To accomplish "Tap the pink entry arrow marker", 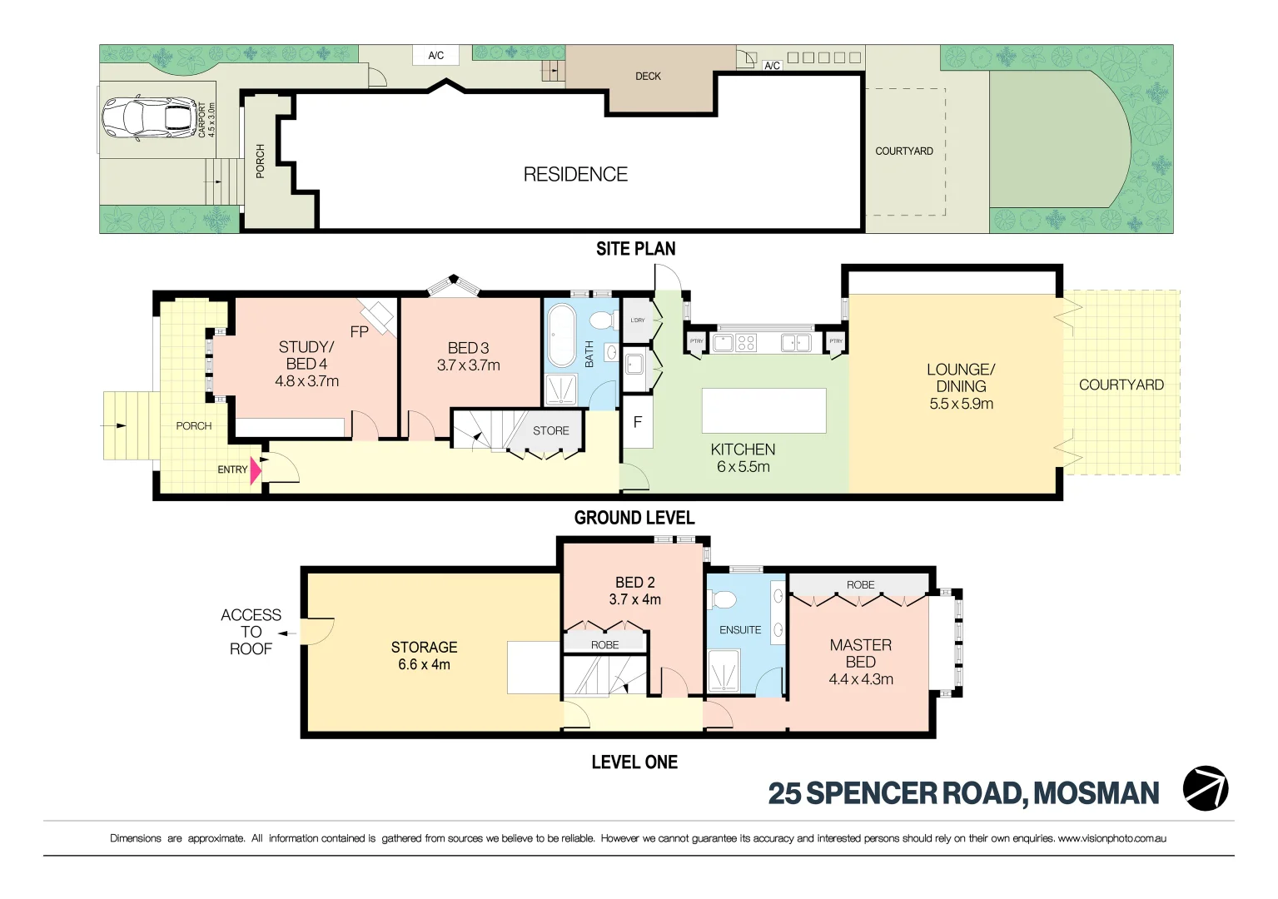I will coord(256,471).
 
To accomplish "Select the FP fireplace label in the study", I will coord(359,332).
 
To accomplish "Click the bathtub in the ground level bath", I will coord(563,336).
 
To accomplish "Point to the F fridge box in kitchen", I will coord(638,422).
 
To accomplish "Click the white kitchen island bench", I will coord(763,410).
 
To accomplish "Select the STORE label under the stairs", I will coord(550,430).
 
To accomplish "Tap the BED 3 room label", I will coord(468,348).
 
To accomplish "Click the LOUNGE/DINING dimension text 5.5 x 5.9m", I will coord(961,404).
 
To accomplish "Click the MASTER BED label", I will coord(860,653).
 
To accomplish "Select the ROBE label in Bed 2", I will coord(604,645).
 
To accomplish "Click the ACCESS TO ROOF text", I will coord(251,632).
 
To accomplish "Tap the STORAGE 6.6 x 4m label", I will coord(424,655).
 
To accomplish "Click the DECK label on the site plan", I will coord(648,76).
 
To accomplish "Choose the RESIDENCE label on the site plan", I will coord(575,174).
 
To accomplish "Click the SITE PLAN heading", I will coord(635,248).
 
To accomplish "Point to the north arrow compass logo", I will coord(1205,787).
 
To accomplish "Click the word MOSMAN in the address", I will coord(1096,793).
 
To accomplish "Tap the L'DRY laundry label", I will coord(637,320).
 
